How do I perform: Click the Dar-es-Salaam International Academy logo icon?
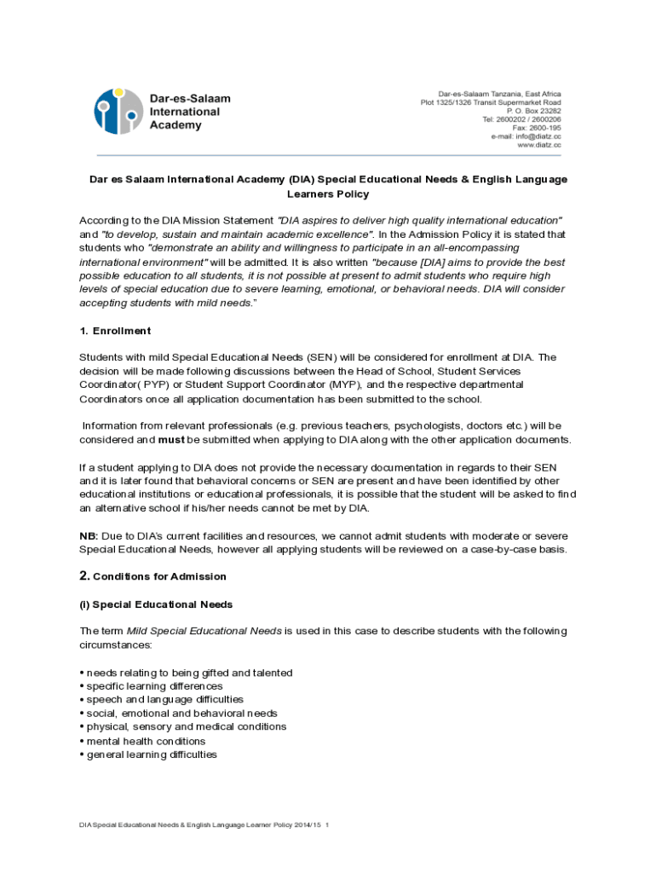[118, 112]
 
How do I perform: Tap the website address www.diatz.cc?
[539, 146]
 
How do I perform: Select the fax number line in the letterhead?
[536, 128]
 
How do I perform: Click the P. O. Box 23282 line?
[533, 111]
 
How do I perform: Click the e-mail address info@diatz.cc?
[526, 136]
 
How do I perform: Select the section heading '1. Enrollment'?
[115, 331]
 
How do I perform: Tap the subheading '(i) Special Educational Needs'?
[156, 604]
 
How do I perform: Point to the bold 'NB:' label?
[89, 535]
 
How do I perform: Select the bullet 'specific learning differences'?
[154, 686]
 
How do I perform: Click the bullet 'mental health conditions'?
[146, 741]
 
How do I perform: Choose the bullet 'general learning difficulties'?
[152, 754]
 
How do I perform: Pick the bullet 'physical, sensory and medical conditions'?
[186, 727]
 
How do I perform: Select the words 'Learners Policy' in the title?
[328, 194]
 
